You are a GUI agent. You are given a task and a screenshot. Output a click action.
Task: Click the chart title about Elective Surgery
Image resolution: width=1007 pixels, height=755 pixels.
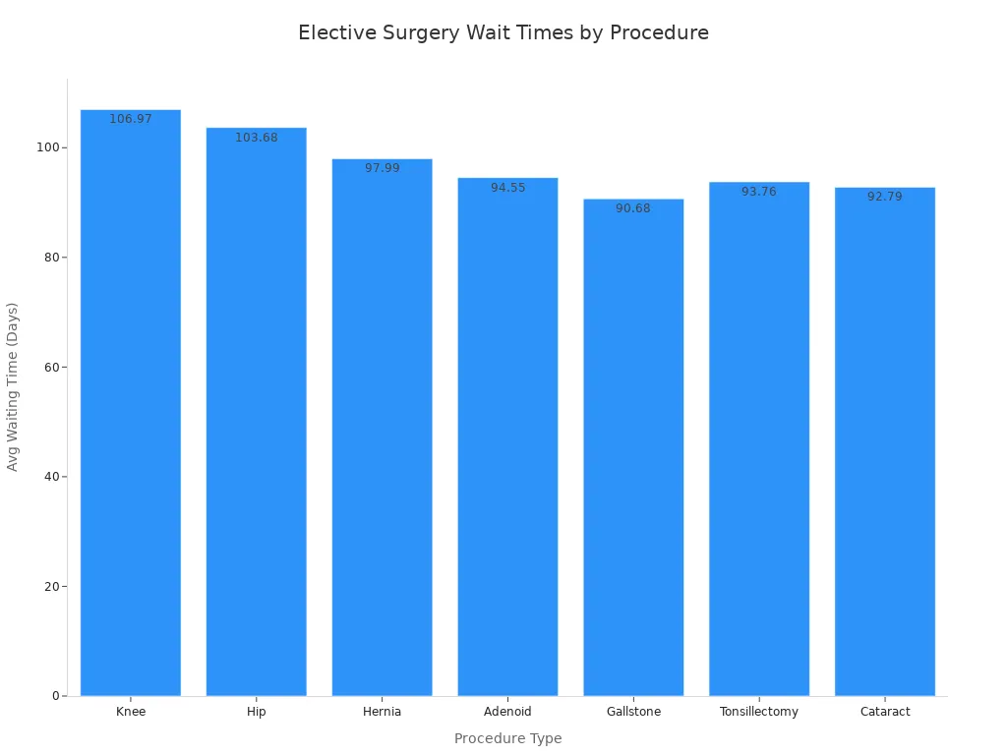point(503,32)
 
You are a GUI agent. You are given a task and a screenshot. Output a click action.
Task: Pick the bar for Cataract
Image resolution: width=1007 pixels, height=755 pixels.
point(885,442)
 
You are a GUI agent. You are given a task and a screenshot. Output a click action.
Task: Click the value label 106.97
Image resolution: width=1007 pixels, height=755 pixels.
point(131,119)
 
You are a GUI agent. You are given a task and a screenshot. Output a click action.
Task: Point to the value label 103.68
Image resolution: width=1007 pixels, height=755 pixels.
point(257,138)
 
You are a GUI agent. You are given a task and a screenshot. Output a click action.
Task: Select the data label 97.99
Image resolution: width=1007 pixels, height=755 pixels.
point(383,168)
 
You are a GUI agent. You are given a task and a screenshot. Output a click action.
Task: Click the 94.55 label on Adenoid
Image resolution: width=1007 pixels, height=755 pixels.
point(508,188)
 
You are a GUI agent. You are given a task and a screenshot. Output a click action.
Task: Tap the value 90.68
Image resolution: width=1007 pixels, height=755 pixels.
point(633,208)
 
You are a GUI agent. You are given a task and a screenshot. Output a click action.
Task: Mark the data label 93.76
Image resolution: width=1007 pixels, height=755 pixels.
point(759,192)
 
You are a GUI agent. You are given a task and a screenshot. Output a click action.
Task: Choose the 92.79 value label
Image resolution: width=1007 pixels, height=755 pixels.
point(885,197)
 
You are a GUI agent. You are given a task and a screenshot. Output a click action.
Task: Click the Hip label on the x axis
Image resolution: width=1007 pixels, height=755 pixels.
point(257,712)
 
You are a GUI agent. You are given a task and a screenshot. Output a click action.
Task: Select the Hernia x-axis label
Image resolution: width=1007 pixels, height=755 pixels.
point(383,712)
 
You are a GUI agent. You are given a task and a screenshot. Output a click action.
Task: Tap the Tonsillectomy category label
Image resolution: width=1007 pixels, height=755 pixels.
point(759,712)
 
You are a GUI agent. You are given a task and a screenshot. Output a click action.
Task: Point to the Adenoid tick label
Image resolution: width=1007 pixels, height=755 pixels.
point(508,712)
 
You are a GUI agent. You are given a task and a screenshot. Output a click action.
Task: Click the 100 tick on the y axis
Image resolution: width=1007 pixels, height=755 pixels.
point(46,147)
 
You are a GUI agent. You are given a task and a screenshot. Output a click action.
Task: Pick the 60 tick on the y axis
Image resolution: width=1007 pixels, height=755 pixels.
point(50,367)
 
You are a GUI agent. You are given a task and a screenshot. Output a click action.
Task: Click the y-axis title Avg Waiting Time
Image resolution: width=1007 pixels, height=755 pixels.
point(13,386)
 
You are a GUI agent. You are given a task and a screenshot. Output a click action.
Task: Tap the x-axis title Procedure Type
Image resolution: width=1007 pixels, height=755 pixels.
point(508,738)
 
